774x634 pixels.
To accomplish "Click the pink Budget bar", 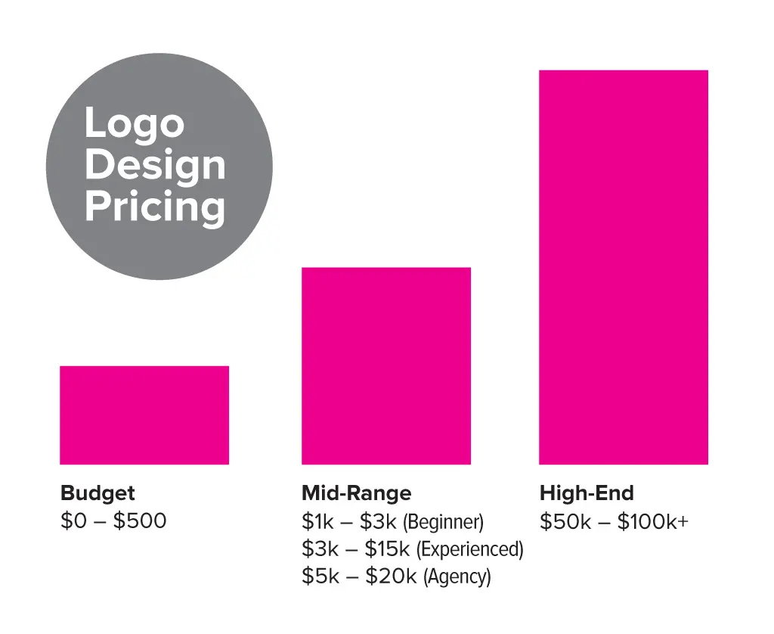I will [144, 415].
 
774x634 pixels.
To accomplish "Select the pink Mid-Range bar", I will [385, 365].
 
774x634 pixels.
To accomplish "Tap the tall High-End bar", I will [623, 266].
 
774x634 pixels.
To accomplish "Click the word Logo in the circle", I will [134, 123].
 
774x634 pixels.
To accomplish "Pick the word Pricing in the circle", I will [155, 207].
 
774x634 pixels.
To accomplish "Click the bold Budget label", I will [98, 493].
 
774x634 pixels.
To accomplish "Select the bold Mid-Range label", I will [356, 493].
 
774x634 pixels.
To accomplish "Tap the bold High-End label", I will [587, 493].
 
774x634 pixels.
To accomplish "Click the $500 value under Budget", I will [140, 521].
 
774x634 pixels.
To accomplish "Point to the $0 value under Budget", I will [74, 521].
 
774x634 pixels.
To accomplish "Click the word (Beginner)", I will [443, 522].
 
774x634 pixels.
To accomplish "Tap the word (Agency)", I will [457, 577].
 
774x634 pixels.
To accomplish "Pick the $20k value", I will [391, 576].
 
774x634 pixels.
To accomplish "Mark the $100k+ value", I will [652, 521].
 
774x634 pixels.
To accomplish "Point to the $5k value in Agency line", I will [318, 576].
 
